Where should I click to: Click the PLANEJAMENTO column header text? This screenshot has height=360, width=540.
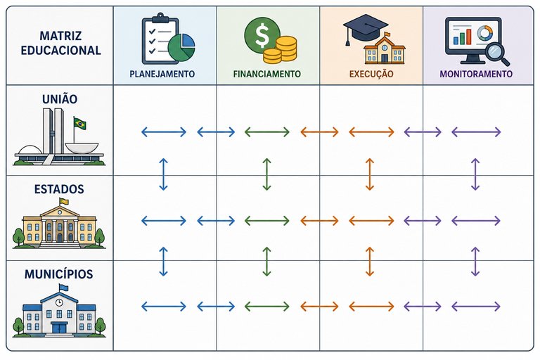(162, 74)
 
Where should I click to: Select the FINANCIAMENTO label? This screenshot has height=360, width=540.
(267, 74)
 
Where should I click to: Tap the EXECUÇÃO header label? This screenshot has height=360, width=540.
(371, 74)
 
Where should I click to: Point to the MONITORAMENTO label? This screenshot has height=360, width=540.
(476, 74)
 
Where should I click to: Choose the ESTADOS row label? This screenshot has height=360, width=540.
(59, 189)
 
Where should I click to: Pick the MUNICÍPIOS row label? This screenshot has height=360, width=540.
(59, 274)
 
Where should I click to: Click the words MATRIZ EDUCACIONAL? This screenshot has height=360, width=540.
(60, 43)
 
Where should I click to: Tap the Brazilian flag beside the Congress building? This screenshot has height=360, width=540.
(79, 123)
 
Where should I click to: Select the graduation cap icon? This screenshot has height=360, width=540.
(365, 27)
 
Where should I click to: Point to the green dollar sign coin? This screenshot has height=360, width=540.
(262, 35)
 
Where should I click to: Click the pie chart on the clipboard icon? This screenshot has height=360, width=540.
(181, 48)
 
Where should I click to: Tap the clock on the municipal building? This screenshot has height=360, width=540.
(59, 302)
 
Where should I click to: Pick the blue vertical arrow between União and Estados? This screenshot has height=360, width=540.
(163, 174)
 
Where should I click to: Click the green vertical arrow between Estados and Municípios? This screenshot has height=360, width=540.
(266, 262)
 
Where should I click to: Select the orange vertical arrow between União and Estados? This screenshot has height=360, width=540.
(370, 174)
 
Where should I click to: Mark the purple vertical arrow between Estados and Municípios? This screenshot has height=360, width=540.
(475, 262)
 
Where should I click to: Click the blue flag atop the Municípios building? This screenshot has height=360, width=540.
(63, 288)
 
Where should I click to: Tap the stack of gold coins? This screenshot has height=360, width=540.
(281, 50)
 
